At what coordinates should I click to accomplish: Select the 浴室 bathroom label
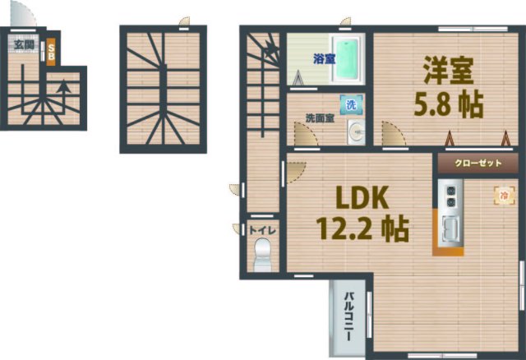click(x=324, y=58)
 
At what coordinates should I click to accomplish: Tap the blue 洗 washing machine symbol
click(x=349, y=104)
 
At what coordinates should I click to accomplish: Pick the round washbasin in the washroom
click(x=354, y=131)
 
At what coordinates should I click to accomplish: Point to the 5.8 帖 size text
click(x=447, y=104)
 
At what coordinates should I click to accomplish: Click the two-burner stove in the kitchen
click(x=451, y=196)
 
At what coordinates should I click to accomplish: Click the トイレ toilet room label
click(x=262, y=231)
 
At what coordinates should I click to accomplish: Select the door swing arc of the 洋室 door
click(x=392, y=132)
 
